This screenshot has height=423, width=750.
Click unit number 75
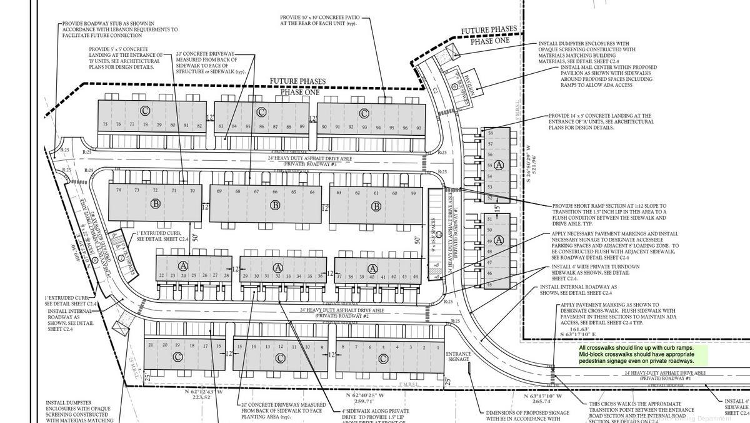(105, 125)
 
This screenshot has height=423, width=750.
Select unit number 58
(490, 133)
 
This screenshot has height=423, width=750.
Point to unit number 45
(490, 285)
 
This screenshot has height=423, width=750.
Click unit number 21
(151, 345)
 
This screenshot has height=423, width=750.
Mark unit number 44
(416, 276)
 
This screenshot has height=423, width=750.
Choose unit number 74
(118, 190)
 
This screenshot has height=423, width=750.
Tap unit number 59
(413, 193)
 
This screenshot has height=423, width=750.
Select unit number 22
(161, 275)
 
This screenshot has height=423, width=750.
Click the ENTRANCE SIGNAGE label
(458, 357)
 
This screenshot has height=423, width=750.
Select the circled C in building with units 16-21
(178, 357)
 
